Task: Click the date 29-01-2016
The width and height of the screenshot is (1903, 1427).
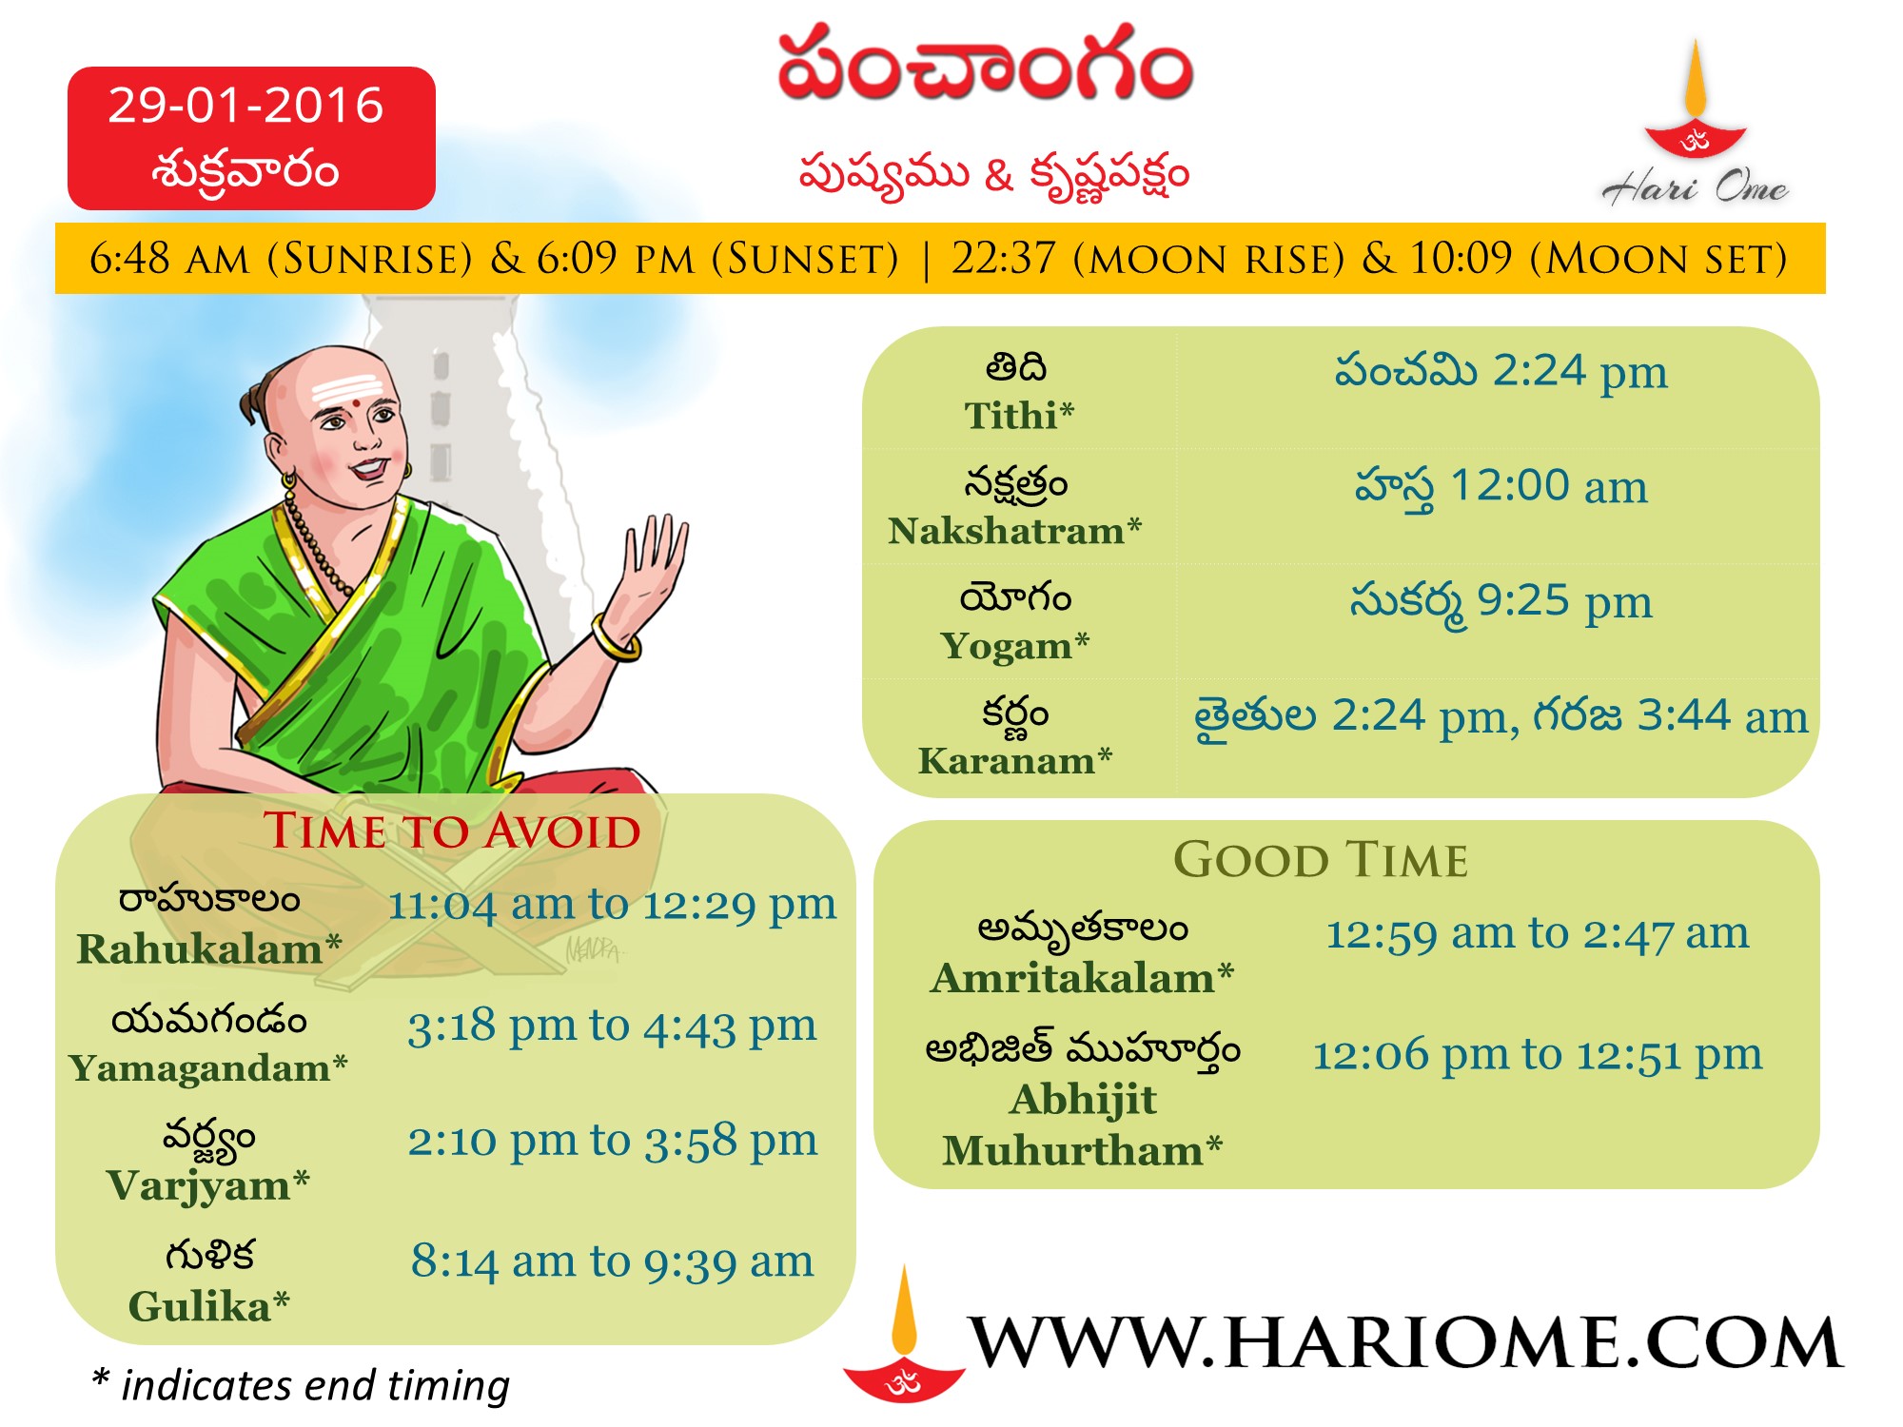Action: tap(245, 105)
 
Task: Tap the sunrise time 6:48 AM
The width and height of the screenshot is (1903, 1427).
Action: tap(170, 259)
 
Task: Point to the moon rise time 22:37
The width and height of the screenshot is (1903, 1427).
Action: tap(1004, 259)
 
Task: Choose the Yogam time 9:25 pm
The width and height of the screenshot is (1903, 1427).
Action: tap(1564, 602)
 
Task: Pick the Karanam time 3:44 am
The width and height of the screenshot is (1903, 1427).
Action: tap(1722, 716)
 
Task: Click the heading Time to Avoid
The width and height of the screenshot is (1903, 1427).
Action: tap(452, 831)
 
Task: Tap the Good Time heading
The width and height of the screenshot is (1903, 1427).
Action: tap(1321, 860)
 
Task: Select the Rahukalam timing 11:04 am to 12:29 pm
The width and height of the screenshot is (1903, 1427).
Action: tap(612, 905)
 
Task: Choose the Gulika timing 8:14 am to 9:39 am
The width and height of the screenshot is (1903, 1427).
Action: tap(612, 1262)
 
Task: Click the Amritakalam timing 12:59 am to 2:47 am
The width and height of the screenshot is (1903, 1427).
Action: tap(1537, 934)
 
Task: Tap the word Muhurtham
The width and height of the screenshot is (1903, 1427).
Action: tap(1072, 1151)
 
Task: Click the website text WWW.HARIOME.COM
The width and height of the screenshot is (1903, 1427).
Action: tap(1404, 1343)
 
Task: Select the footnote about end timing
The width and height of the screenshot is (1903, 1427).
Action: tap(301, 1386)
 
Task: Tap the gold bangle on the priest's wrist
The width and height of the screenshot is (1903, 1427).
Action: tap(616, 639)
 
